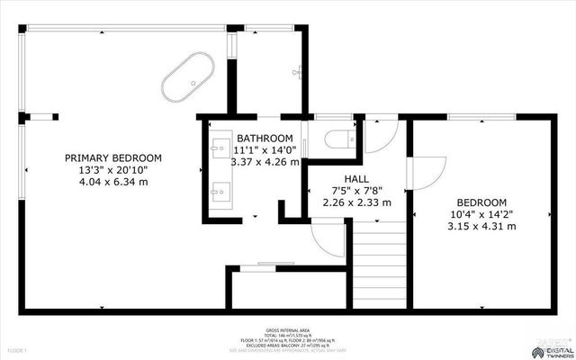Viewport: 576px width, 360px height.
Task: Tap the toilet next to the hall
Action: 341,138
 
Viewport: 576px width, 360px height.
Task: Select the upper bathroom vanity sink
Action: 220,146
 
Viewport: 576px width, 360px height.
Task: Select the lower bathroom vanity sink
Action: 220,191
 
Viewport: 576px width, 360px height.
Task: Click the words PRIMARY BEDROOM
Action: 113,157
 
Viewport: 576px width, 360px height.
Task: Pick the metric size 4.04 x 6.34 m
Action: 113,182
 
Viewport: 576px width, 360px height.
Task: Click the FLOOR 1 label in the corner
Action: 17,349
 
